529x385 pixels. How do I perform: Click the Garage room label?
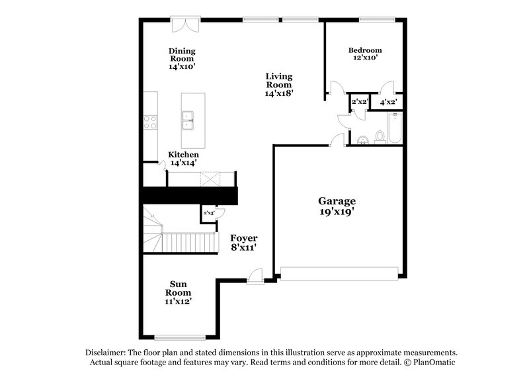337,206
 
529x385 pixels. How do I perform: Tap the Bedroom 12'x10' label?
365,54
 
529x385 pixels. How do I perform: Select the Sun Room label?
179,292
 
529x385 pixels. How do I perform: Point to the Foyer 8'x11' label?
243,242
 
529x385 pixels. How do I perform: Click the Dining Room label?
182,58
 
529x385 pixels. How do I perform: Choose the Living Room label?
279,84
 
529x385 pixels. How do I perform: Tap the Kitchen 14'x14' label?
183,158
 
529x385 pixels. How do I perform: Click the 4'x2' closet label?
387,103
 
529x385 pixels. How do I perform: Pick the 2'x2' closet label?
360,102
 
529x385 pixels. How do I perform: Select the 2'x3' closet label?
208,213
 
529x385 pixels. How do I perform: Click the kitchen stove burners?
151,122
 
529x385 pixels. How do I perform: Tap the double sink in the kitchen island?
192,120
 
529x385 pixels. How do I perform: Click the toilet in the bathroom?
380,137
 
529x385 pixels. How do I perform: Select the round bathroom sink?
362,140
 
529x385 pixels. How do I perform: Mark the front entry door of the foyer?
256,275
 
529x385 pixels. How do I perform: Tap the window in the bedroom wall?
377,19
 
